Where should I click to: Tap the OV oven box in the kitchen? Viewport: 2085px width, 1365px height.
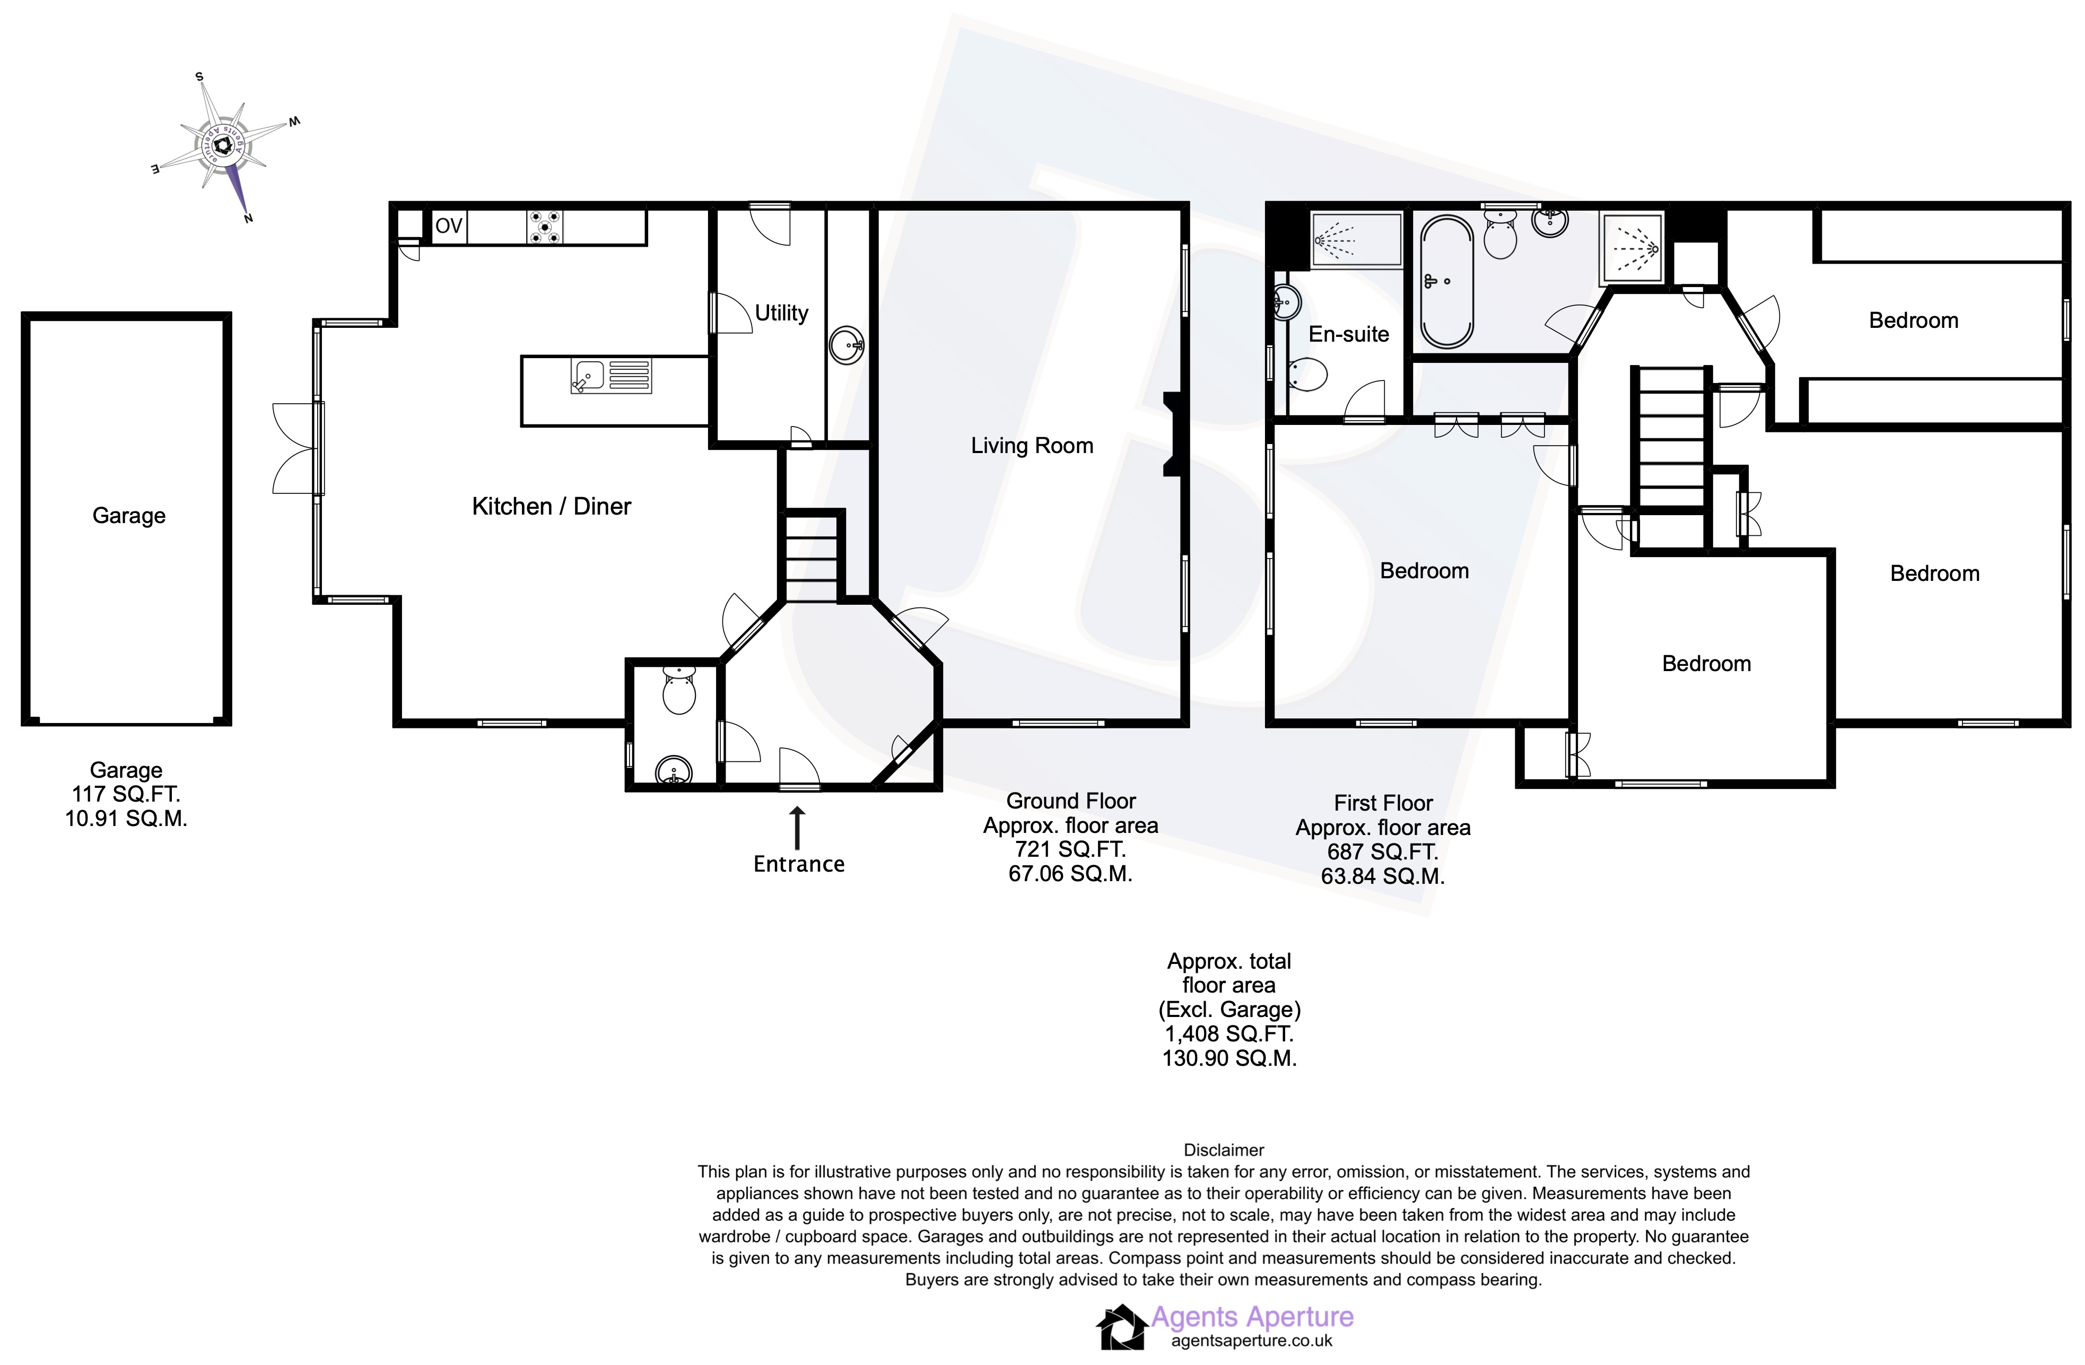coord(449,226)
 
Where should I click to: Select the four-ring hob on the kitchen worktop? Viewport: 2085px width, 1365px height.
coord(545,227)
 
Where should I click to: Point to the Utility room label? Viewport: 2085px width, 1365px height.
coord(781,313)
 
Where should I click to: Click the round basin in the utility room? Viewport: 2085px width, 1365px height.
coord(847,345)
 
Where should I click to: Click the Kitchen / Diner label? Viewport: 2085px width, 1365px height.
coord(551,507)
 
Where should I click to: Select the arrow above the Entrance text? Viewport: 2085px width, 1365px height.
coord(797,828)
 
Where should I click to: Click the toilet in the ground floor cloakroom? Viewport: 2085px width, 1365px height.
coord(679,690)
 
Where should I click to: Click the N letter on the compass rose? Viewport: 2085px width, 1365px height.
coord(249,218)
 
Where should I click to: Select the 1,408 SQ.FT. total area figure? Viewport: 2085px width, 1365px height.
coord(1228,1034)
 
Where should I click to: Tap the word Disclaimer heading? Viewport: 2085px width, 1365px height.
coord(1223,1150)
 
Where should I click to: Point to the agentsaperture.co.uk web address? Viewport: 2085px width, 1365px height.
coord(1251,1341)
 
